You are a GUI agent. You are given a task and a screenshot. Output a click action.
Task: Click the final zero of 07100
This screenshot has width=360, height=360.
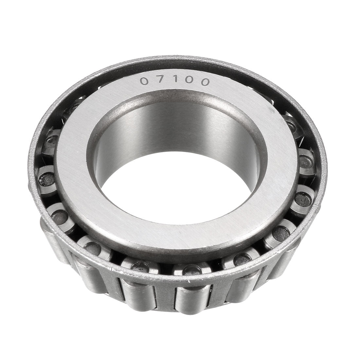[204, 82]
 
